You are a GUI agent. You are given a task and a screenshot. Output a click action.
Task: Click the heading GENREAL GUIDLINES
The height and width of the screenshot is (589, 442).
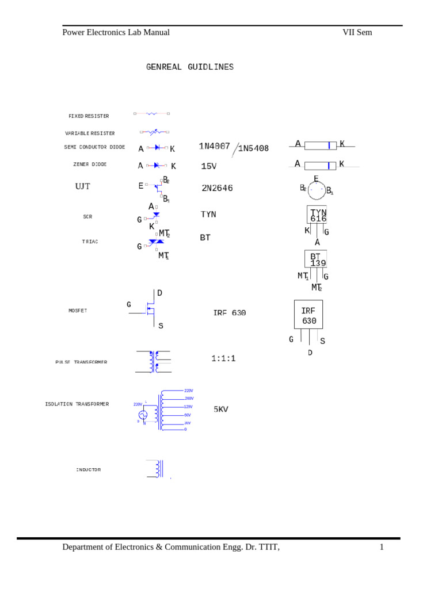click(190, 67)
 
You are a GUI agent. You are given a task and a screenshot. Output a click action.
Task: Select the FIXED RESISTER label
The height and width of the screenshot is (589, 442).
click(89, 116)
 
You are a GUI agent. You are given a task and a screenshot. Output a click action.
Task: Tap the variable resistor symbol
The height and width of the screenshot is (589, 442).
click(154, 132)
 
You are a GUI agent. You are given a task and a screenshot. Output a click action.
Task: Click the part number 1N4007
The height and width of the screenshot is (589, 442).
click(214, 146)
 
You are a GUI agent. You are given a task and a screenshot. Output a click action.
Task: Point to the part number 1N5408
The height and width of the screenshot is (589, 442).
click(253, 148)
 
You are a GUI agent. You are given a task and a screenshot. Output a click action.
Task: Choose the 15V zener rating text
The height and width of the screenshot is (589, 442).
click(208, 166)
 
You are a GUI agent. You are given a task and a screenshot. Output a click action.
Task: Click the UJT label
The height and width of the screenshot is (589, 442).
click(83, 186)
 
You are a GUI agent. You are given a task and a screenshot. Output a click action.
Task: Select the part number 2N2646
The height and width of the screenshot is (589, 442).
click(217, 188)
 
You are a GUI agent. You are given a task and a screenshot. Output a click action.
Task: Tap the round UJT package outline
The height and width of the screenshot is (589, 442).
click(316, 190)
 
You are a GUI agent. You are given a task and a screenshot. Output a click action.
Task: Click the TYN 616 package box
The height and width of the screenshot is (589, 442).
click(317, 215)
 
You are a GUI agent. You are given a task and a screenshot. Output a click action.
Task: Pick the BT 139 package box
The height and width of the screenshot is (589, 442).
click(316, 259)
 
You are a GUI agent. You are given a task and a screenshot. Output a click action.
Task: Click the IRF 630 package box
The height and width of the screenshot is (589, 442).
click(308, 315)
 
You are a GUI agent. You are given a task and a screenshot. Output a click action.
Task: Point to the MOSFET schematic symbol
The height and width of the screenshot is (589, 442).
click(149, 309)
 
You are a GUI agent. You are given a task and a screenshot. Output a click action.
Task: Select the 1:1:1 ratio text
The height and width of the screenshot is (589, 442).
click(223, 358)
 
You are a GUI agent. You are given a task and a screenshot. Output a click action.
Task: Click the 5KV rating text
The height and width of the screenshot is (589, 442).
click(221, 410)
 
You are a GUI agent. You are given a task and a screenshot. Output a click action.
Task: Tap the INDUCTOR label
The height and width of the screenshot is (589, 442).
click(88, 470)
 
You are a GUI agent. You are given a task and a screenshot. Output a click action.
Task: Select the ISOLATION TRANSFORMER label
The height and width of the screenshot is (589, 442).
click(77, 404)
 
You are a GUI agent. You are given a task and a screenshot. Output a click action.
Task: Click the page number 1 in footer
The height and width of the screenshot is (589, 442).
click(381, 547)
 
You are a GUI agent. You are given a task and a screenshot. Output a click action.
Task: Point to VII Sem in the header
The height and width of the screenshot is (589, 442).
click(357, 32)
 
